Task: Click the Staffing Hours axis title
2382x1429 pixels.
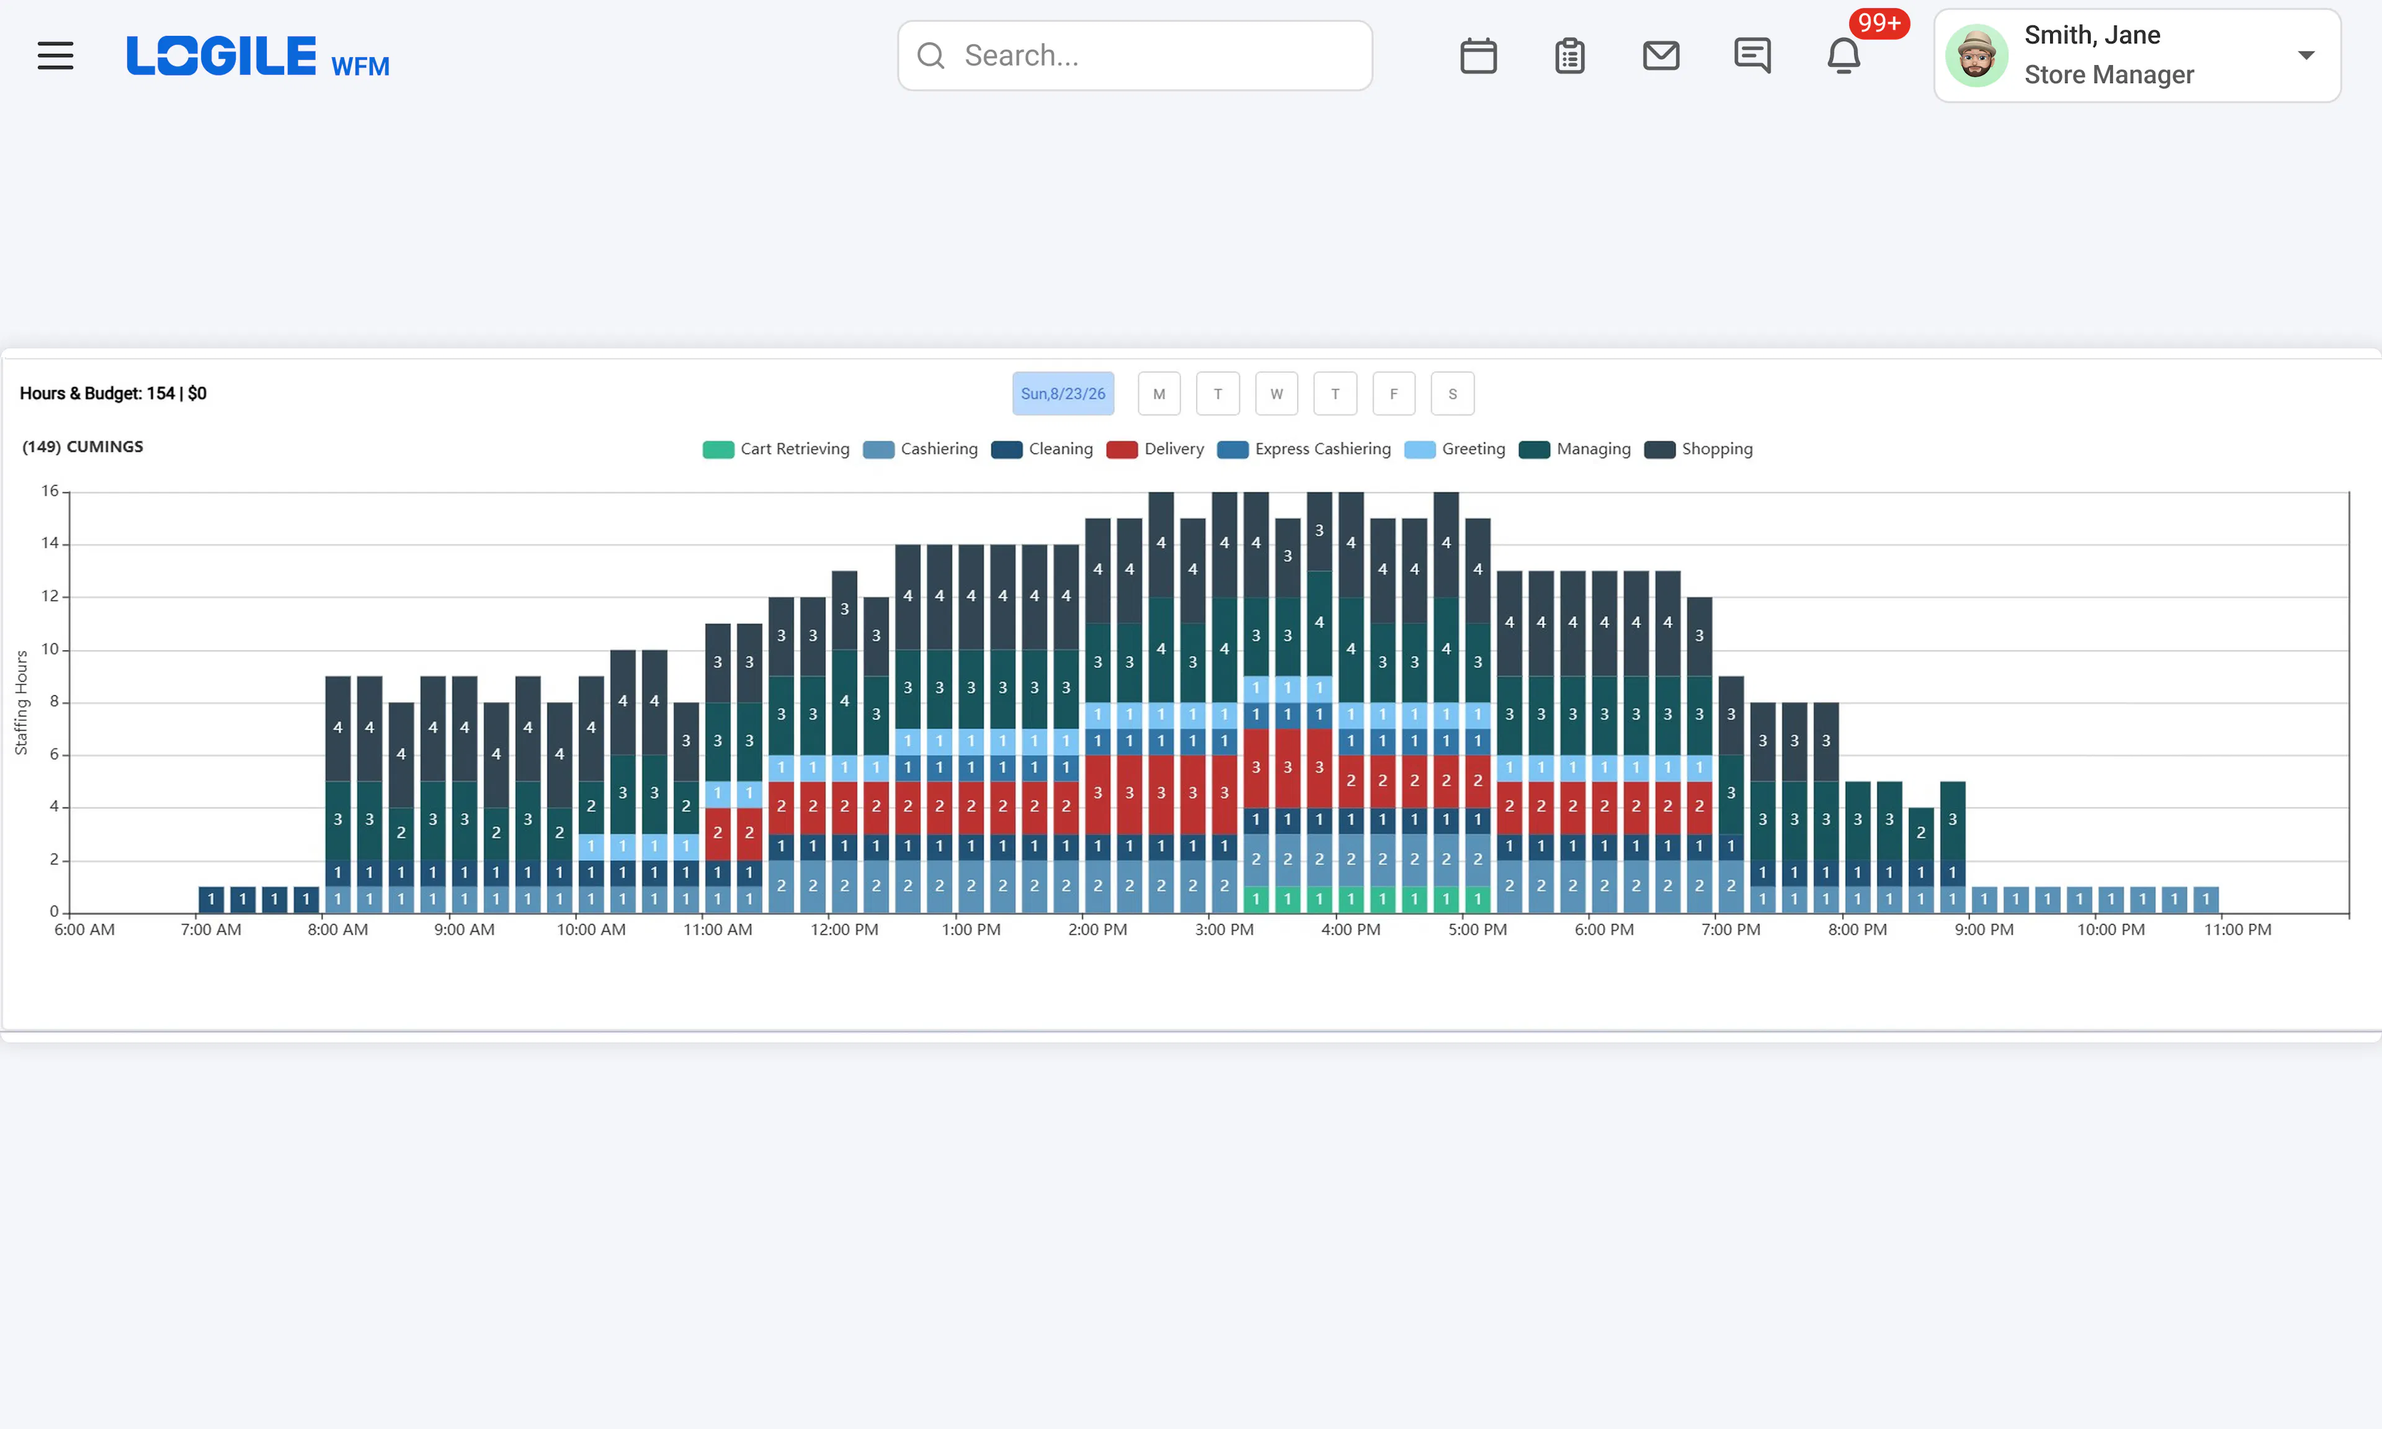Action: pos(21,703)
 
